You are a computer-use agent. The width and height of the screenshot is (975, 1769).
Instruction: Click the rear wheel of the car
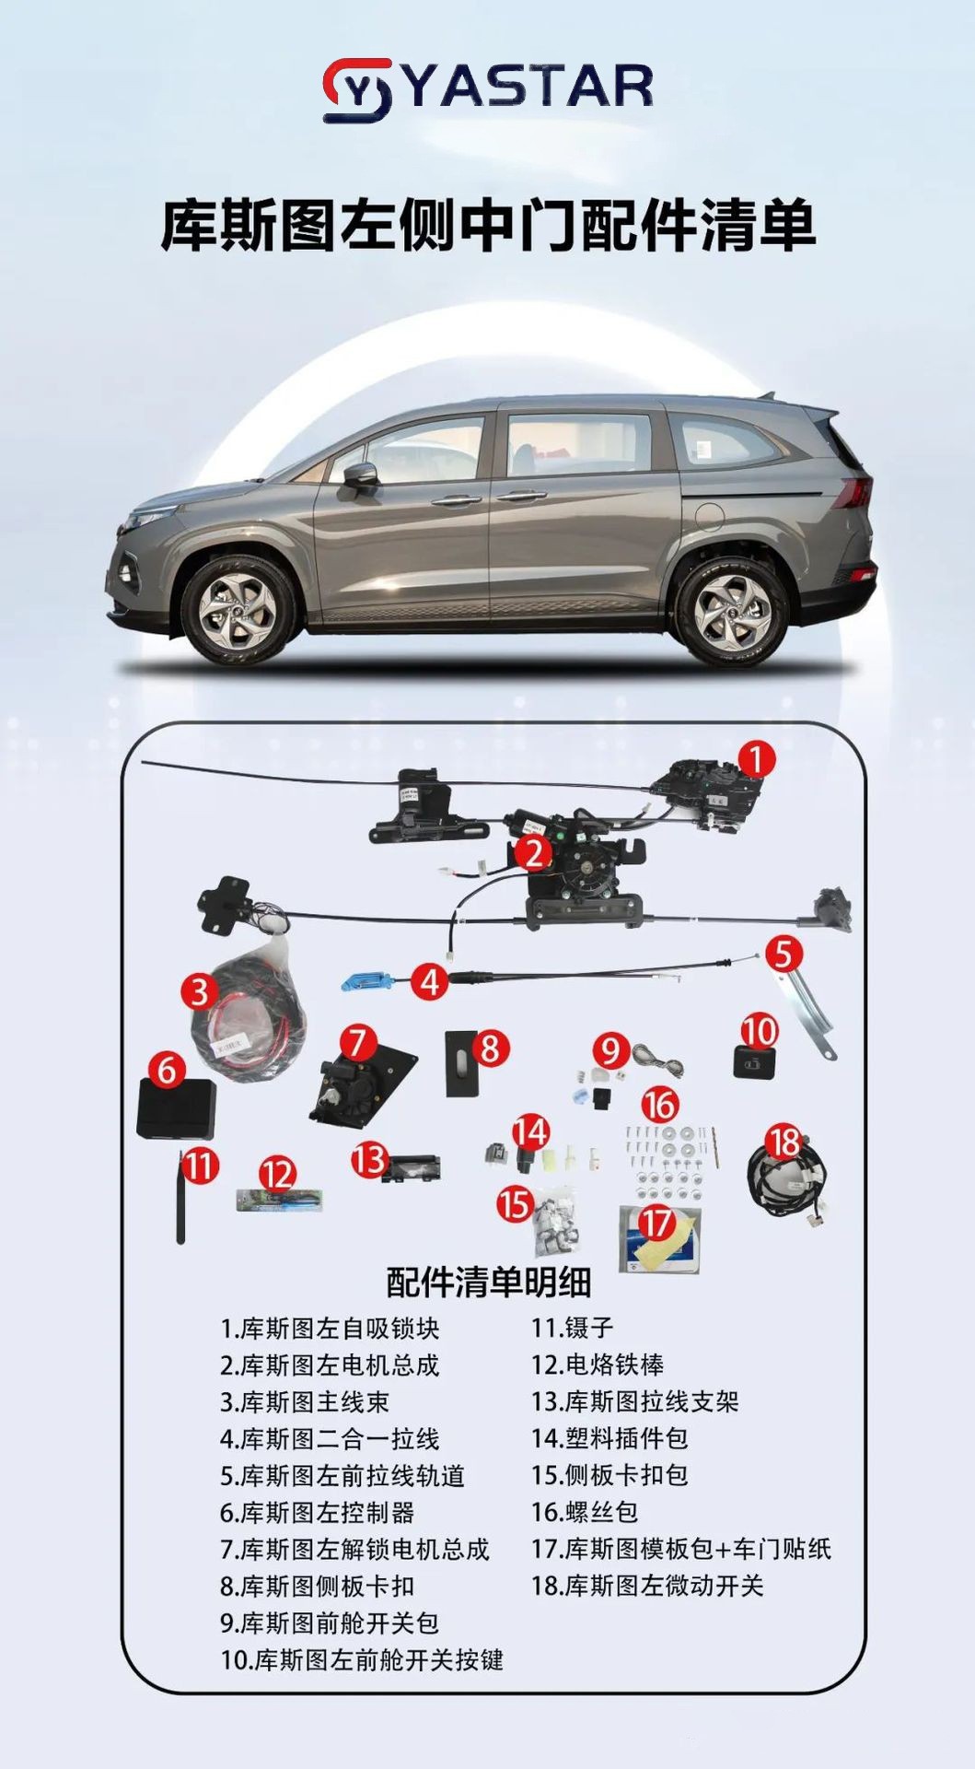[732, 609]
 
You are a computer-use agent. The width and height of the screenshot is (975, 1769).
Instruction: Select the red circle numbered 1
[755, 761]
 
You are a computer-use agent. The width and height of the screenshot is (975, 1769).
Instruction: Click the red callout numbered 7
[357, 1043]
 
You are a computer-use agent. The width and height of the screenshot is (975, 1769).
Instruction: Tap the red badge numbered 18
[783, 1142]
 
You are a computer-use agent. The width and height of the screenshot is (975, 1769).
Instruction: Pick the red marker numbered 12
[276, 1174]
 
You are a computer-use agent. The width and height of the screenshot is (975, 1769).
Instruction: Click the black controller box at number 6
[176, 1109]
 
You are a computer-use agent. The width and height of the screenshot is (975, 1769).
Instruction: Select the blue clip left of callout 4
[364, 981]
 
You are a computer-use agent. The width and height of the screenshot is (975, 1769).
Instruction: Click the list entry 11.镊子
[572, 1328]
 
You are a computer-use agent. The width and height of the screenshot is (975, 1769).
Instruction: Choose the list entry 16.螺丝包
[585, 1512]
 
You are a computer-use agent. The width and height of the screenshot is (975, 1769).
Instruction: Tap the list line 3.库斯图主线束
[305, 1401]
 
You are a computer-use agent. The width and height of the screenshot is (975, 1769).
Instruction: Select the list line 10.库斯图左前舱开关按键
[362, 1659]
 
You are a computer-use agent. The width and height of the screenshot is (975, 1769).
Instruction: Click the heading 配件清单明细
[488, 1282]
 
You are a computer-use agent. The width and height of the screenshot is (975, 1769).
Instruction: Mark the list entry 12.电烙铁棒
[598, 1365]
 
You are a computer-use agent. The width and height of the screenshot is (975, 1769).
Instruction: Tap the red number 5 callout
[783, 954]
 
